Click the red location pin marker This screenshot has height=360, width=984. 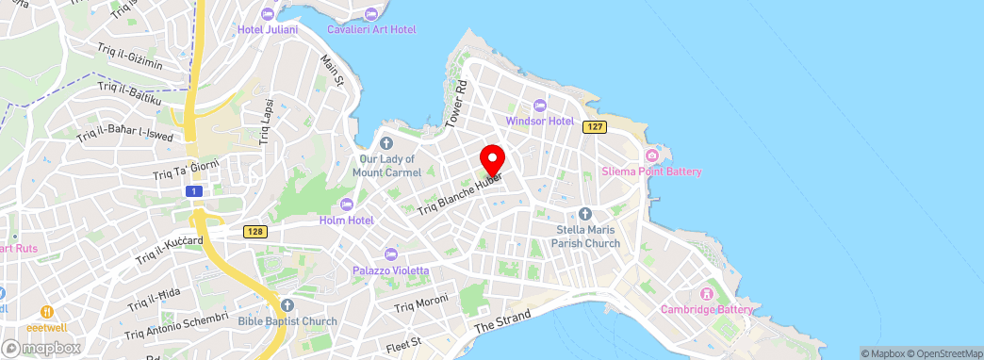pos(492,158)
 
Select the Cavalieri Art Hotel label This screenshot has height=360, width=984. pos(371,29)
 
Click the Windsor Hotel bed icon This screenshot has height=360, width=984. pos(539,106)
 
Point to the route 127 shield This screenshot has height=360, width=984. pos(593,126)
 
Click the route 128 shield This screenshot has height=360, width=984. pos(254,231)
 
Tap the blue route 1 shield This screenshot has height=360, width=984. pos(194,191)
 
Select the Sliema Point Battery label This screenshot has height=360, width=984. pos(652,172)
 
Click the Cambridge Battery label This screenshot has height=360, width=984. pos(707,308)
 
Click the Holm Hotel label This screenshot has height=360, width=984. pos(347,221)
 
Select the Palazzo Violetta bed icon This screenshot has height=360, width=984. pos(391,254)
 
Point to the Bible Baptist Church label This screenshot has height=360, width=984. pos(287,321)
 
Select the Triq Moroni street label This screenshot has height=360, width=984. pos(421,305)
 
